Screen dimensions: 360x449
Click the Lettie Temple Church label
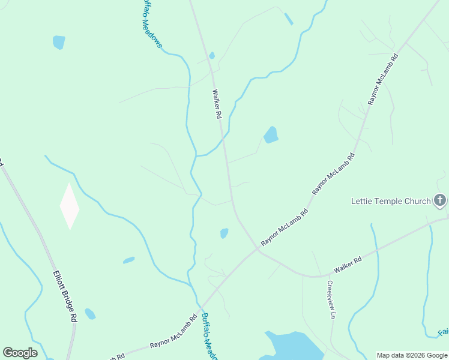click(391, 201)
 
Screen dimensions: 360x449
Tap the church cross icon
click(440, 200)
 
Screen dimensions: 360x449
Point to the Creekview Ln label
click(330, 299)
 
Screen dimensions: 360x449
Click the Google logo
click(20, 352)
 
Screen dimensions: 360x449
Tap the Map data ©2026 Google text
click(412, 355)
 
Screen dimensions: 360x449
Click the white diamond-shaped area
click(70, 206)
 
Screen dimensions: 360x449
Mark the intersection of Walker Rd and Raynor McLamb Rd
click(257, 249)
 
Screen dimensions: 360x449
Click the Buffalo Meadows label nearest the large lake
click(208, 336)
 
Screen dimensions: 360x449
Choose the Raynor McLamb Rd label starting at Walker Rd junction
click(285, 227)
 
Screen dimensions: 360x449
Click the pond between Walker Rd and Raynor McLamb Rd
click(271, 135)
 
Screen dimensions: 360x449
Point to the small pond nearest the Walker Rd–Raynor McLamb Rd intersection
click(224, 233)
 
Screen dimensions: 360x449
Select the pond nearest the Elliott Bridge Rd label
click(90, 314)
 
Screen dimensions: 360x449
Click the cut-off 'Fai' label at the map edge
click(443, 332)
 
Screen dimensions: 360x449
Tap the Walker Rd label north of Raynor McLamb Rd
click(217, 104)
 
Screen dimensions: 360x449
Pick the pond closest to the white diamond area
click(129, 260)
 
